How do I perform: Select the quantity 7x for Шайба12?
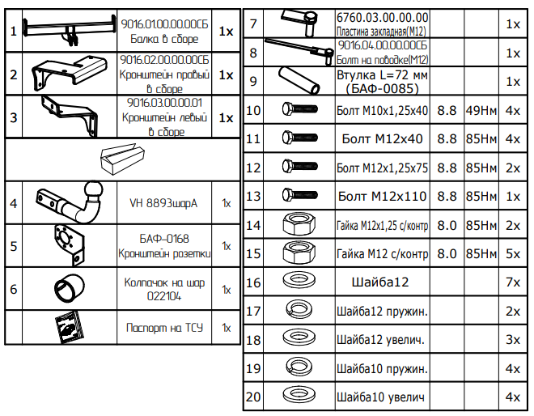(x=511, y=282)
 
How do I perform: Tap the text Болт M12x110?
(x=381, y=196)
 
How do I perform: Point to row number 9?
(x=253, y=81)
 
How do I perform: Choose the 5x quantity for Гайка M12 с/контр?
(x=511, y=254)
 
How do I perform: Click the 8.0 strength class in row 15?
(x=447, y=254)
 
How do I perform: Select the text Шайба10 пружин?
(x=381, y=369)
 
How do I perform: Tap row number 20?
(x=253, y=397)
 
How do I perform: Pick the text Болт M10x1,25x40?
(x=381, y=110)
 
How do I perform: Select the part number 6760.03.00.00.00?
(x=383, y=17)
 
